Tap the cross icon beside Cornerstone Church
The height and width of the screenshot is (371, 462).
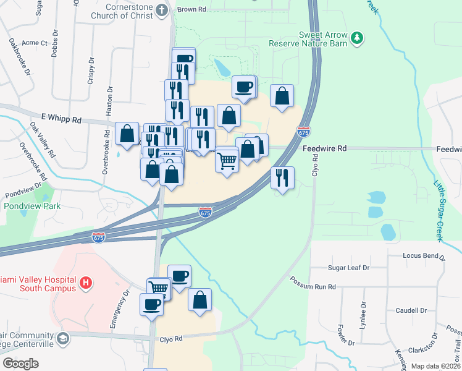pos(162,10)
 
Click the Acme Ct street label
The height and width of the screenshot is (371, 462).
pos(35,43)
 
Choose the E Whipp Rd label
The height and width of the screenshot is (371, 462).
pos(61,117)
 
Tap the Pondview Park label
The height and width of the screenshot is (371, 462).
pos(32,206)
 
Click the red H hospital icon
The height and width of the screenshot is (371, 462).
pos(86,284)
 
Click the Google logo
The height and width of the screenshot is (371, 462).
pos(20,364)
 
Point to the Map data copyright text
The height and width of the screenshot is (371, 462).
pos(434,366)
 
